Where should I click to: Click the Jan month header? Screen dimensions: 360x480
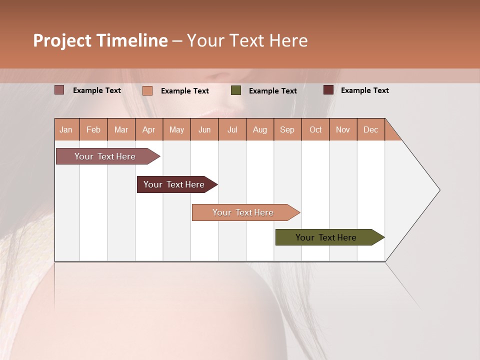pos(66,130)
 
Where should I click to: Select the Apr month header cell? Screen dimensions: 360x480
pos(149,130)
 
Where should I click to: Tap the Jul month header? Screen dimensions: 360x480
pos(232,130)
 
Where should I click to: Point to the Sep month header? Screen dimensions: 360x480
pos(287,130)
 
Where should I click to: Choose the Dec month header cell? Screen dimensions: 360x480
pos(370,130)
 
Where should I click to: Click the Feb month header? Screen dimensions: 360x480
pos(93,130)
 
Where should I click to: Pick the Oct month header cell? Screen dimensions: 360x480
pos(315,130)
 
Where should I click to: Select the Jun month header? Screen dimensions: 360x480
pos(204,130)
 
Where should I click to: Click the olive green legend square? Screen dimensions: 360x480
pos(236,90)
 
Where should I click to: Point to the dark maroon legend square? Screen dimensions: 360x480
pos(328,90)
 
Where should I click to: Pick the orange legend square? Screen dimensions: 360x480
pos(147,90)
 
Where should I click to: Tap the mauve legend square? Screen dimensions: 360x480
pos(59,90)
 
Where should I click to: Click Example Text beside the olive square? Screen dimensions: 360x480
pos(272,91)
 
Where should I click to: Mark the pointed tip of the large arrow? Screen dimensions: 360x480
pos(439,190)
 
